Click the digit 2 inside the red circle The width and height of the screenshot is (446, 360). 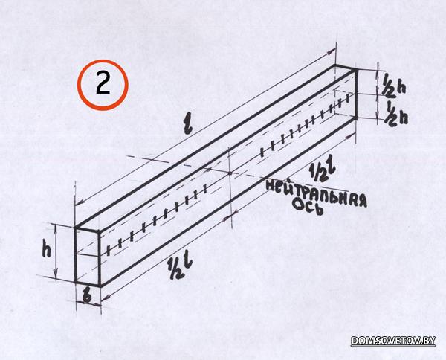pos(103,83)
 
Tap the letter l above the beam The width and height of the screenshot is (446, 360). pos(188,125)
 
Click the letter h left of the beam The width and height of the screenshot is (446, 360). pos(46,248)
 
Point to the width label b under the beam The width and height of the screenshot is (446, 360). pos(87,296)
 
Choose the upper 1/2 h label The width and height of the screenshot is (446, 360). pos(393,86)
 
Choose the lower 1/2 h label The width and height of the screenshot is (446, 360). pos(396,114)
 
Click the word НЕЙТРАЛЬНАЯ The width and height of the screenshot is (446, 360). pos(316,193)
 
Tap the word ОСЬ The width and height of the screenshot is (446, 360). pos(308,207)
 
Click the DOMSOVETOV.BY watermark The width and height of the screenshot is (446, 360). pos(393,341)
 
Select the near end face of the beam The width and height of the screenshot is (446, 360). pos(87,257)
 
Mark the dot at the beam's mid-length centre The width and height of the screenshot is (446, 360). pos(230,173)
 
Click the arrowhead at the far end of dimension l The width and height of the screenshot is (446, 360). pos(332,51)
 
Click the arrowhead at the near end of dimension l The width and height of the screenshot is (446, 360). pos(80,202)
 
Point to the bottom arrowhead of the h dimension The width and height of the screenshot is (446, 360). pos(56,274)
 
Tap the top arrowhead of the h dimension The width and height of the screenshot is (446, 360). pos(56,228)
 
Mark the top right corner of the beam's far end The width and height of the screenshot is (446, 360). pos(355,70)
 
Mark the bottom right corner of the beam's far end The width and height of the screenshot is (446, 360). pos(355,117)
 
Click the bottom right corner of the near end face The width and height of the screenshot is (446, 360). pos(100,285)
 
